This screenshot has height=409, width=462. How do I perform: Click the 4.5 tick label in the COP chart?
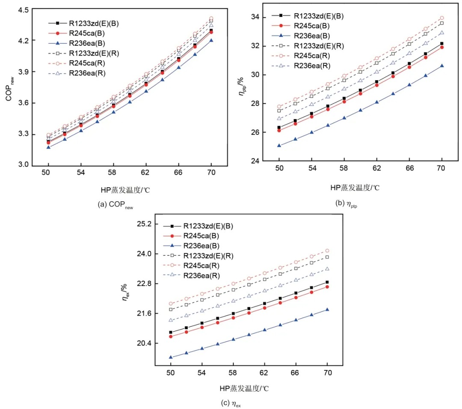pos(24,10)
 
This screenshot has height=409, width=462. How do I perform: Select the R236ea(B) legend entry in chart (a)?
pos(77,43)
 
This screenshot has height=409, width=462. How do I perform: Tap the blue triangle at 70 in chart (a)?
pos(211,40)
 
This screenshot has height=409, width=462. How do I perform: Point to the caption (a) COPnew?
pos(115,205)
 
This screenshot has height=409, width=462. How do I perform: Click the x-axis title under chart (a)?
pos(125,190)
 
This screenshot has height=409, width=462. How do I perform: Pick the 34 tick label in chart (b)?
pos(255,17)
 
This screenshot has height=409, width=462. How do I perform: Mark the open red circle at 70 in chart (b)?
pos(441,18)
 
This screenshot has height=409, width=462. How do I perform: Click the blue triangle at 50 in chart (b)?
pos(279,145)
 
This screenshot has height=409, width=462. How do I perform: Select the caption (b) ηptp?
pos(346,203)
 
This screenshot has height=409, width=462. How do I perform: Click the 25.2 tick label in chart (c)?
pos(144,224)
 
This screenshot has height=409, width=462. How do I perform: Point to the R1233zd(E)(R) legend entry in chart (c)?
pos(198,256)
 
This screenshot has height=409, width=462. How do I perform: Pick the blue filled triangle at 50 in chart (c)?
pos(171,357)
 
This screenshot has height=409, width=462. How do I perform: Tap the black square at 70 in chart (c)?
pos(327,282)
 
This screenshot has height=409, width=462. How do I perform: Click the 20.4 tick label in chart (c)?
pos(144,343)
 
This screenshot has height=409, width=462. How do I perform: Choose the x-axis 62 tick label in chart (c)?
pos(264,373)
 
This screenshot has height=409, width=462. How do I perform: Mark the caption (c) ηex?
pos(231,403)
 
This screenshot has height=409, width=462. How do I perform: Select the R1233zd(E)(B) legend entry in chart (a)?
pos(83,23)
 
